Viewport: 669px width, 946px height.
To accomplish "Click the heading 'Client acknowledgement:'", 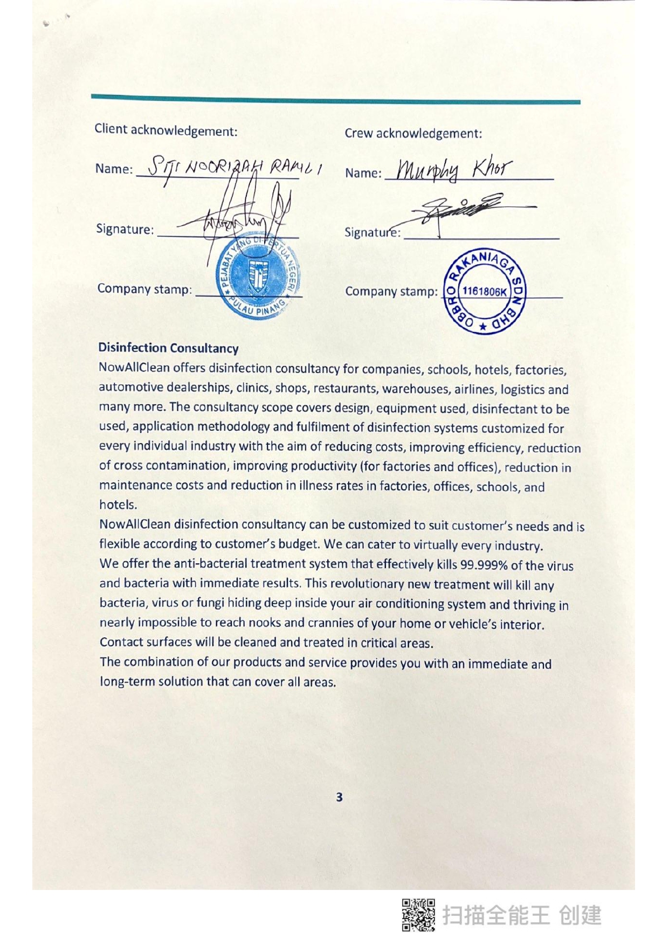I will pos(165,130).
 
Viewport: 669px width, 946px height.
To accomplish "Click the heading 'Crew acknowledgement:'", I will pos(413,133).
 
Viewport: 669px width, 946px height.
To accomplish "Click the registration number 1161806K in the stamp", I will pos(484,292).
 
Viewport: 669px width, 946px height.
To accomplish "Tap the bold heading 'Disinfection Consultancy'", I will pos(168,348).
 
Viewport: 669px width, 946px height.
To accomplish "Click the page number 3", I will pos(339,797).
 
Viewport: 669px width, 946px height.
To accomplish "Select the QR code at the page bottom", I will pos(418,915).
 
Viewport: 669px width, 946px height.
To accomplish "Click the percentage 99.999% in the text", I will pos(484,565).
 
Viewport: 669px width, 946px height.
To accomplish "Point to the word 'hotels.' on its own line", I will pos(118,505).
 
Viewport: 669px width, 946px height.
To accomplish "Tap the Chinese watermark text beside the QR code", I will pos(521,915).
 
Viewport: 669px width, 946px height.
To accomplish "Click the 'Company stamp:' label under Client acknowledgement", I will pos(144,289).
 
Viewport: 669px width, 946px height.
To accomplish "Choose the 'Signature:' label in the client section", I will pos(125,229).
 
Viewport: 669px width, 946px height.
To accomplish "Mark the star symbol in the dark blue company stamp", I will pos(483,327).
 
